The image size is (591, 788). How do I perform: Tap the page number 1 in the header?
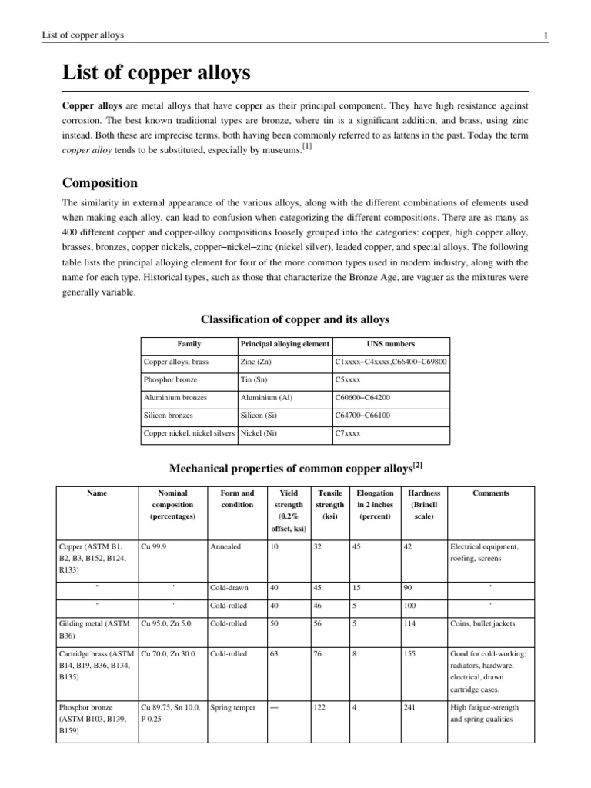click(x=545, y=35)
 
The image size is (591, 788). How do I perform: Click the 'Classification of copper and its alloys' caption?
click(x=295, y=319)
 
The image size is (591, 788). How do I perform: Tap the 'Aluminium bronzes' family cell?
click(x=175, y=398)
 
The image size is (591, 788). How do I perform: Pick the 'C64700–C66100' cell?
click(x=363, y=416)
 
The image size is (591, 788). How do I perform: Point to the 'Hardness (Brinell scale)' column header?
click(x=423, y=505)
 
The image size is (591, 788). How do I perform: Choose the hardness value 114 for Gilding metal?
click(x=411, y=624)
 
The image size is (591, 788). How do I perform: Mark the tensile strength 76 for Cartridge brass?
click(x=319, y=654)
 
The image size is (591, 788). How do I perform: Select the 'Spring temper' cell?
click(x=234, y=707)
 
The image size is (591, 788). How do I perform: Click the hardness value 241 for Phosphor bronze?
click(x=411, y=707)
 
